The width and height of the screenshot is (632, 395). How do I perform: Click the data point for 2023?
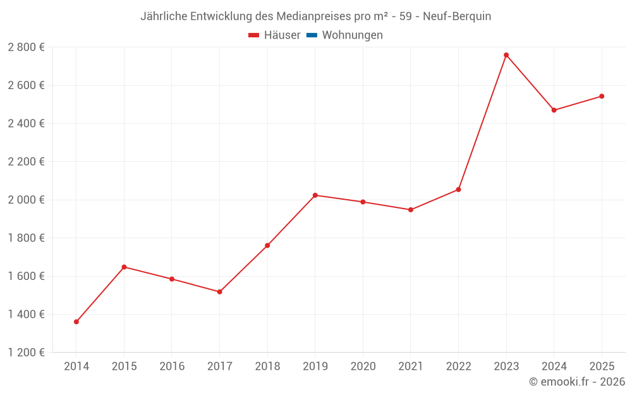(506, 55)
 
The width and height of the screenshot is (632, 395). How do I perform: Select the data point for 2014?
(76, 322)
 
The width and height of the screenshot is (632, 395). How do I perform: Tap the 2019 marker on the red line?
(315, 195)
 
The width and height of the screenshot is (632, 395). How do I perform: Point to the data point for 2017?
(220, 292)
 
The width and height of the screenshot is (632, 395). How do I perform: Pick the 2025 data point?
(602, 96)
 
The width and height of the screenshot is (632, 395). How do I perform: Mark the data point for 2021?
(411, 210)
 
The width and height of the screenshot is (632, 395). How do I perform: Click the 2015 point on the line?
(124, 267)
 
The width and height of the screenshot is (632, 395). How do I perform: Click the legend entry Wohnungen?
(352, 35)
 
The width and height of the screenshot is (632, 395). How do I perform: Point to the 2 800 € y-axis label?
(26, 47)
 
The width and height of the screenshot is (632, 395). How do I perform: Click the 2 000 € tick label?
(26, 200)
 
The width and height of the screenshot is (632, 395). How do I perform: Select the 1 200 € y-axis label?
(26, 353)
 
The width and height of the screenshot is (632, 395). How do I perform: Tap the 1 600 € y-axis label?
(26, 276)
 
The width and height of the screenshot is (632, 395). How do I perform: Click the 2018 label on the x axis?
(267, 367)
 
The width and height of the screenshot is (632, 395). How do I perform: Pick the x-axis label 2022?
(458, 367)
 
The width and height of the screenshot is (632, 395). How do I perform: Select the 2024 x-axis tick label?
(554, 367)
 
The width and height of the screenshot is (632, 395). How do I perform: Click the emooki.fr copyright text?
(577, 382)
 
